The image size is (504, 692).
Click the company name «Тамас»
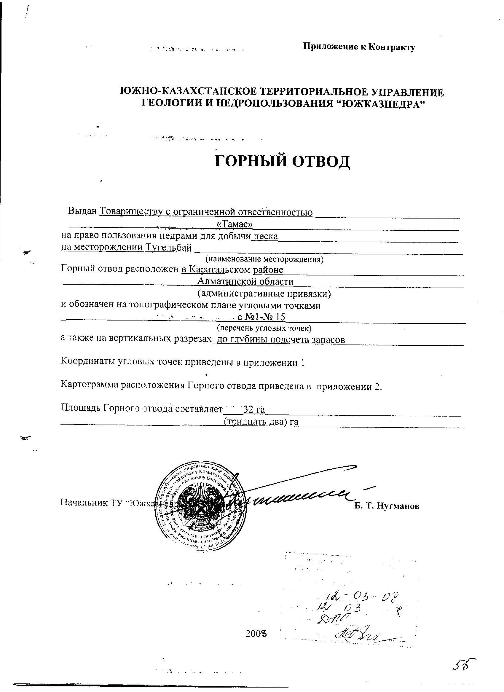pos(234,224)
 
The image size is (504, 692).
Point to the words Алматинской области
pos(245,281)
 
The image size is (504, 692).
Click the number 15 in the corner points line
pos(280,317)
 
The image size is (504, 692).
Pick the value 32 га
pos(253,409)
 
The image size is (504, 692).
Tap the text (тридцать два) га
pos(261,422)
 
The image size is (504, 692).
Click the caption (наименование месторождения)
pos(264,259)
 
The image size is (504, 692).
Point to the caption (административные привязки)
pos(264,294)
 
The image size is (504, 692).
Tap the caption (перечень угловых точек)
pos(264,328)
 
